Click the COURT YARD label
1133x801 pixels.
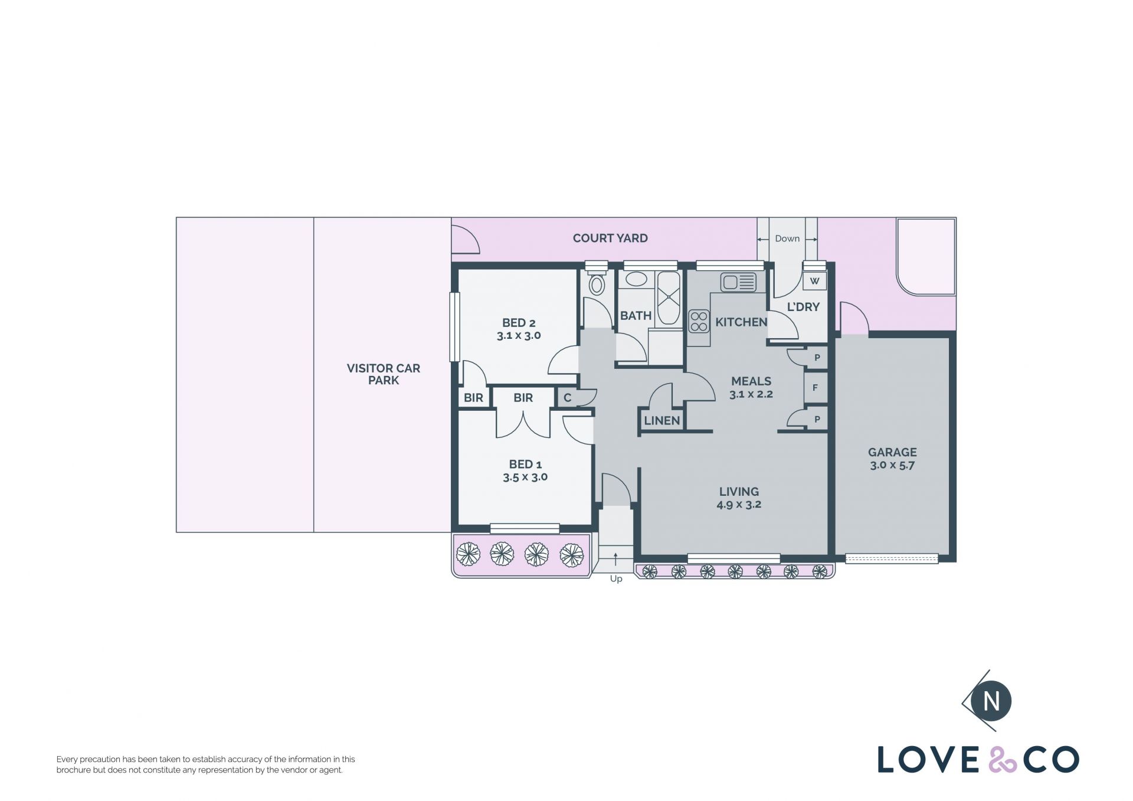point(610,238)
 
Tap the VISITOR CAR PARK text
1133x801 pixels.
point(384,374)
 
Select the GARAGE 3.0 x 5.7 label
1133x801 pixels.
point(892,459)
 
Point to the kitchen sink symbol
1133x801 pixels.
point(738,282)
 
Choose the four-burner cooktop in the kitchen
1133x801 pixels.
point(699,321)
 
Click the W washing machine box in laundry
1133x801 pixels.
point(814,281)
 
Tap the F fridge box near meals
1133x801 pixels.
point(816,388)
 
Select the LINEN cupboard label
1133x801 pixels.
point(662,421)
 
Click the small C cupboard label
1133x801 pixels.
point(567,398)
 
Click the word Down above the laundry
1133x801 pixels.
point(787,238)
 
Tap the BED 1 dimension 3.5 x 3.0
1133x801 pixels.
point(525,477)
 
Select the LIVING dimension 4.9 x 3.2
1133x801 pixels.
point(739,505)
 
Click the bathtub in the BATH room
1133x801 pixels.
point(669,298)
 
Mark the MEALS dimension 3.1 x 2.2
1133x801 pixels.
point(751,394)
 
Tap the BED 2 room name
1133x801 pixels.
point(519,323)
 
